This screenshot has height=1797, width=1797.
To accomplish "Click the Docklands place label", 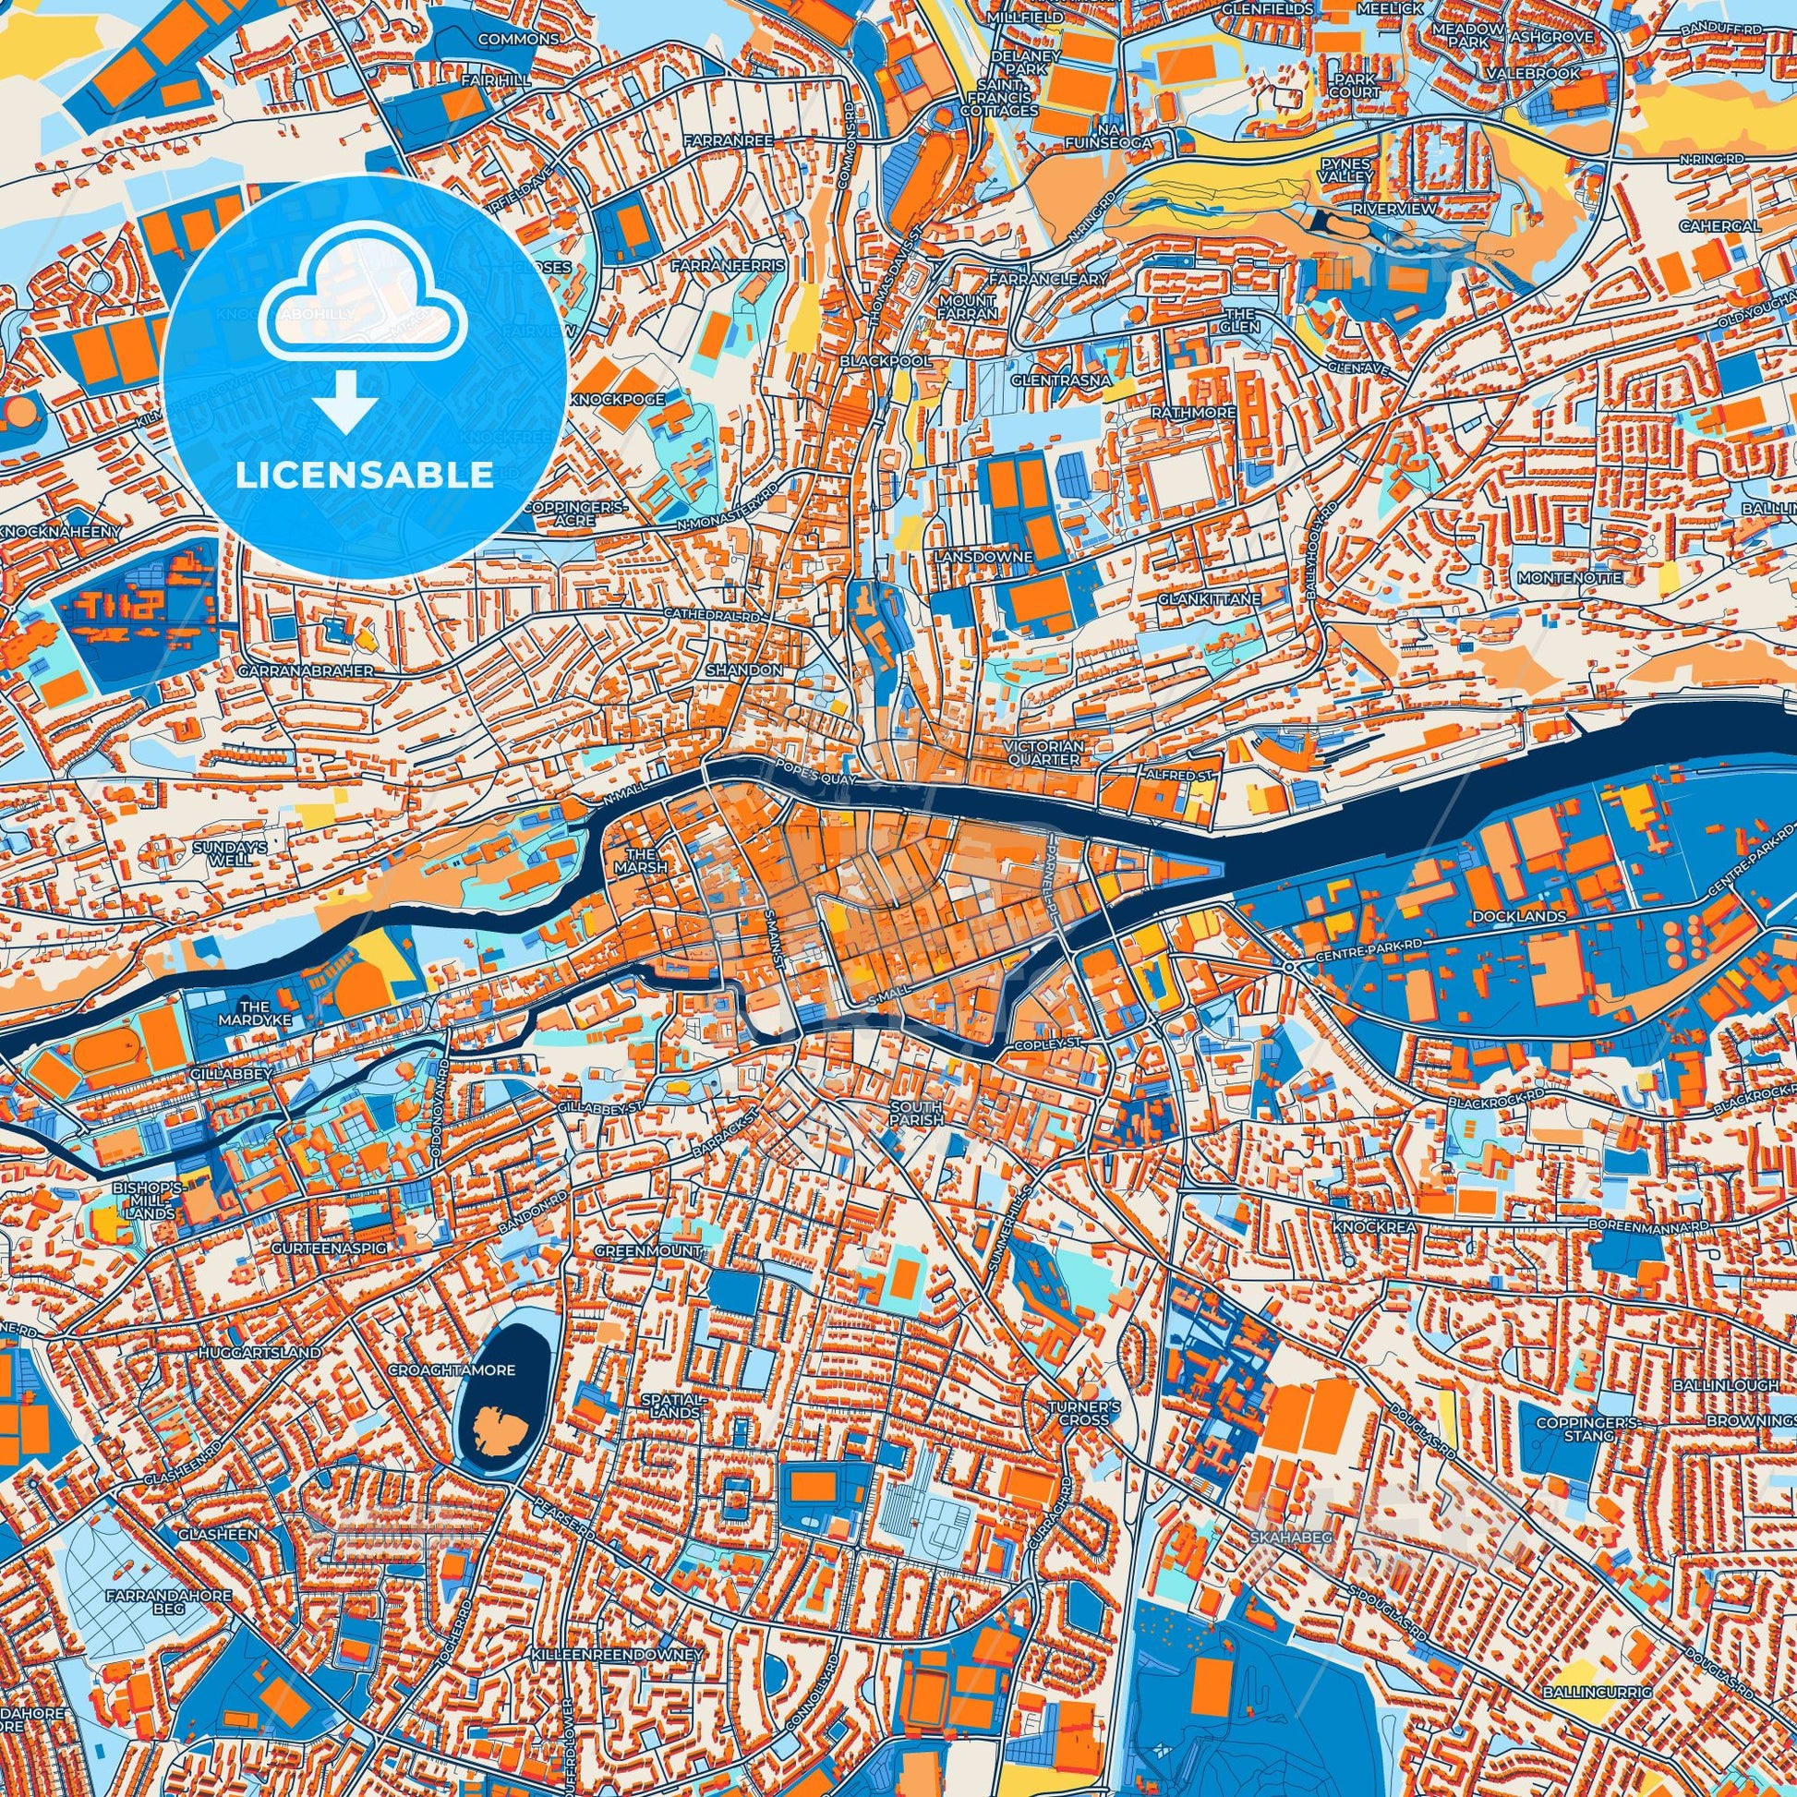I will click(x=1506, y=916).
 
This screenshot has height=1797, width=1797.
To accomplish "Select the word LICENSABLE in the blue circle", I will click(x=365, y=476).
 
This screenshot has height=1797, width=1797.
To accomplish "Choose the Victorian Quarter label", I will click(x=1043, y=753).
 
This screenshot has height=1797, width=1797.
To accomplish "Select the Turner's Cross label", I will click(x=1078, y=1413).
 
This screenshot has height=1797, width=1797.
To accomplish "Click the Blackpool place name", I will click(x=872, y=360).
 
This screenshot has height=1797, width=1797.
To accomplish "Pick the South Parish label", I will click(x=916, y=1114).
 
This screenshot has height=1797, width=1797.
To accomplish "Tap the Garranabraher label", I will click(x=305, y=669).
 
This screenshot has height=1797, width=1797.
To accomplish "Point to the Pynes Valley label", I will click(x=1345, y=169).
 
